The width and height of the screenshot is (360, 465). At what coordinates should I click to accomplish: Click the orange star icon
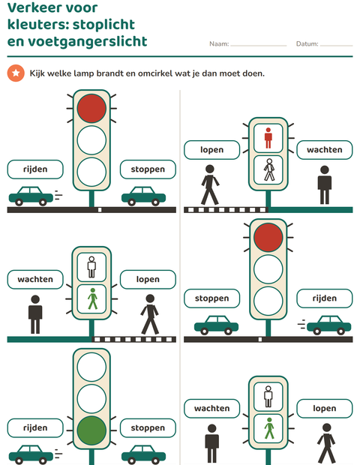pyautogui.click(x=16, y=73)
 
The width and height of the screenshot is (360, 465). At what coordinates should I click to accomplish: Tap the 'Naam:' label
pyautogui.click(x=219, y=44)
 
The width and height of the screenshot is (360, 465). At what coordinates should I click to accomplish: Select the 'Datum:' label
pyautogui.click(x=307, y=44)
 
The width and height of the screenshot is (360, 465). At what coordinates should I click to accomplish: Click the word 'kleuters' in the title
pyautogui.click(x=38, y=24)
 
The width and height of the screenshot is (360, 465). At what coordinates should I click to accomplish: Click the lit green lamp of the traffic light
pyautogui.click(x=91, y=430)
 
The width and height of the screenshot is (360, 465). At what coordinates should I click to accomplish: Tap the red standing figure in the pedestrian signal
pyautogui.click(x=268, y=138)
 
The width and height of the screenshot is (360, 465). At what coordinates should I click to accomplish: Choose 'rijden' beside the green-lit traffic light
pyautogui.click(x=35, y=428)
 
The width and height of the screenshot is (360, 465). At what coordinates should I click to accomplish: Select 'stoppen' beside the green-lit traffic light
pyautogui.click(x=148, y=428)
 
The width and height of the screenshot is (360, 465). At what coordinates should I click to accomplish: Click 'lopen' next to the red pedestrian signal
pyautogui.click(x=211, y=150)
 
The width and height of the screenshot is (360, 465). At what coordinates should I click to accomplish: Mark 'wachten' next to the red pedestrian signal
pyautogui.click(x=325, y=150)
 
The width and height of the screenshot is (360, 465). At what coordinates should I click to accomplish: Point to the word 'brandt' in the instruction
pyautogui.click(x=109, y=73)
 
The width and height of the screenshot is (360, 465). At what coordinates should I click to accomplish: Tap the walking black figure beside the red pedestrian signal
pyautogui.click(x=210, y=184)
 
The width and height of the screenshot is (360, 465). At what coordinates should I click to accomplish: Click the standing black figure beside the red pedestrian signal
pyautogui.click(x=325, y=184)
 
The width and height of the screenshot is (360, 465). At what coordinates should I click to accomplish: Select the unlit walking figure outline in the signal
pyautogui.click(x=269, y=169)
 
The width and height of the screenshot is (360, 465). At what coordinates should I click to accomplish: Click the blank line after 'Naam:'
pyautogui.click(x=259, y=46)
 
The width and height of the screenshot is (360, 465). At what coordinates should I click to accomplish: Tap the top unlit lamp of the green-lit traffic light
pyautogui.click(x=91, y=367)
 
